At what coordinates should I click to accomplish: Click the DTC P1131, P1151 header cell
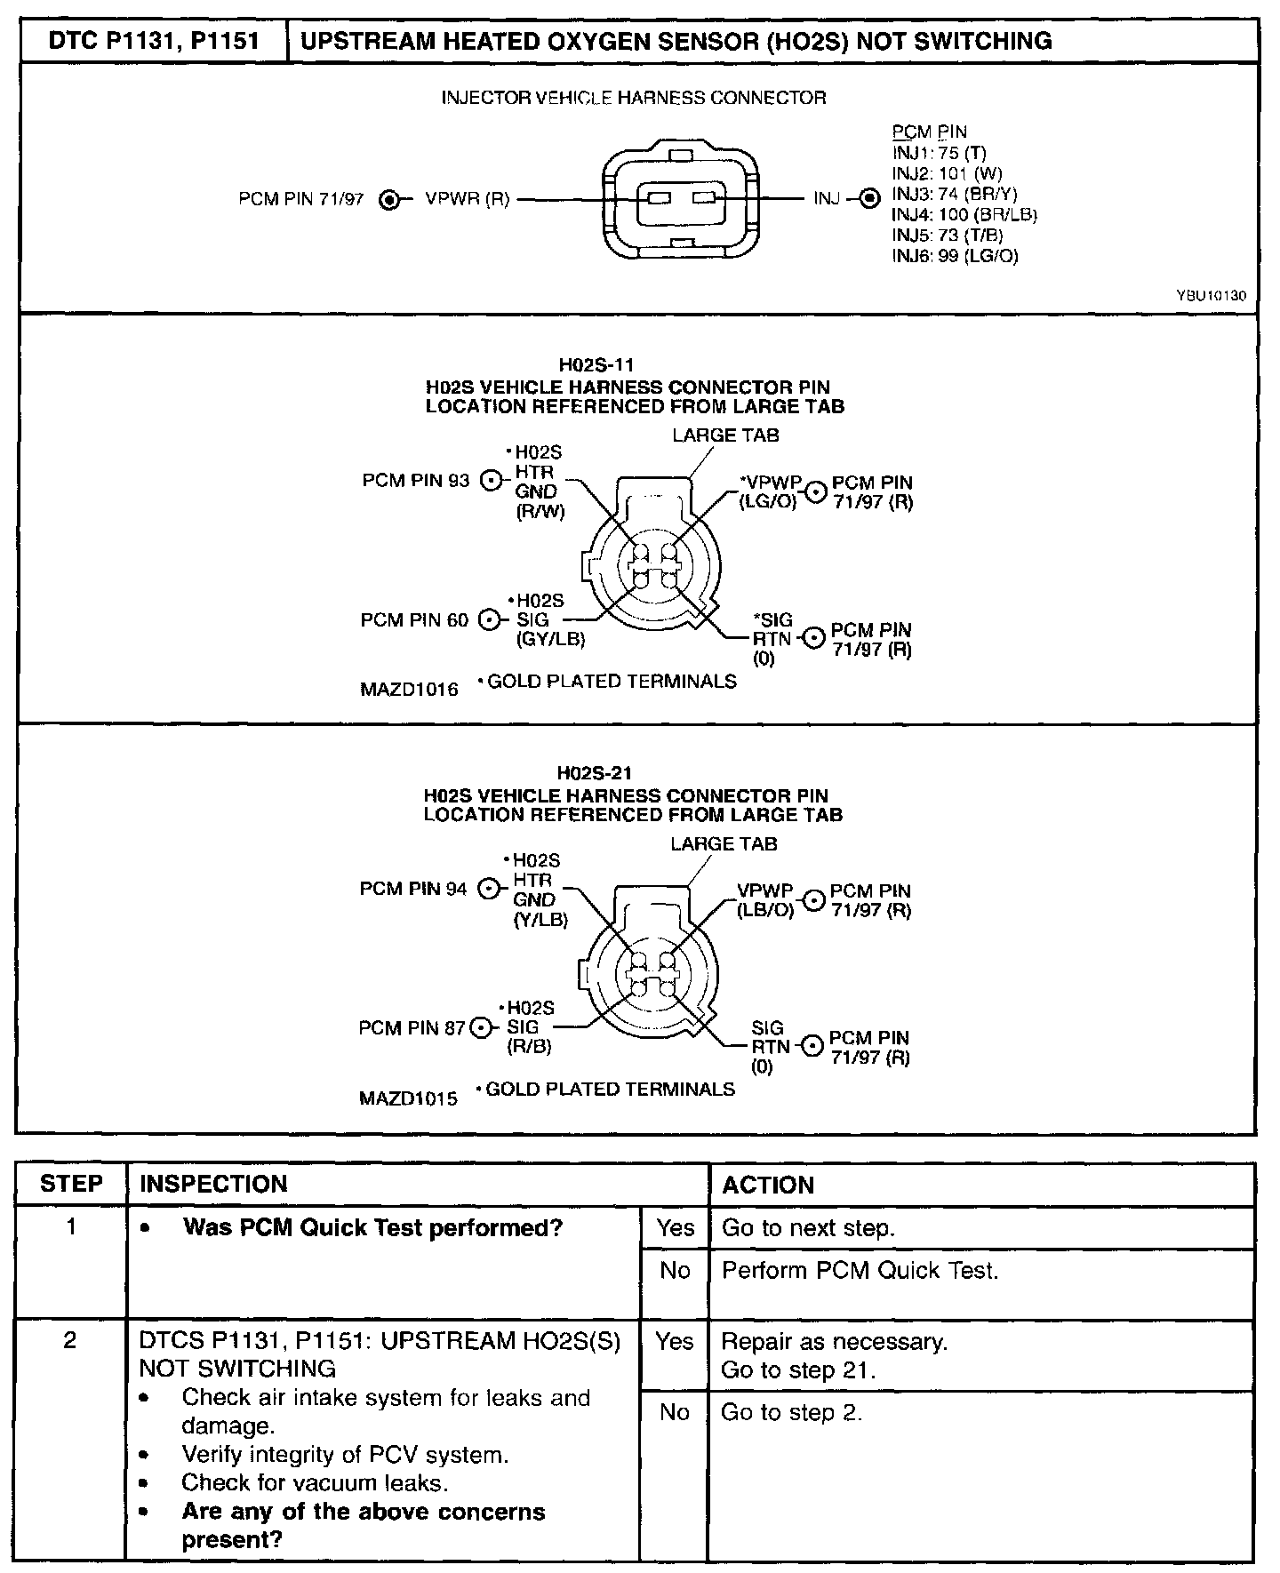(x=153, y=41)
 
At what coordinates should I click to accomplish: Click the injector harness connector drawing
(x=681, y=198)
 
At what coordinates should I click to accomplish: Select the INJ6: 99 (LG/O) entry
(x=955, y=256)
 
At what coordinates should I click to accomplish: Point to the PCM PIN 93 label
(x=415, y=481)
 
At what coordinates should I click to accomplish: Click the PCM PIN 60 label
(x=414, y=619)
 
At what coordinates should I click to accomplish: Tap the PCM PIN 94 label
(x=413, y=889)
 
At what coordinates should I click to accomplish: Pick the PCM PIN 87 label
(x=412, y=1028)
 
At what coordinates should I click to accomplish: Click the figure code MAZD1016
(x=409, y=689)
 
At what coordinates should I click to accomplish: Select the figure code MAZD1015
(x=408, y=1098)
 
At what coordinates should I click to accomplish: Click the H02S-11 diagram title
(x=596, y=364)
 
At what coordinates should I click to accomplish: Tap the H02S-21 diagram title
(x=595, y=773)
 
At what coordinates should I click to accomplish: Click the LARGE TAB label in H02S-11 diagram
(x=725, y=435)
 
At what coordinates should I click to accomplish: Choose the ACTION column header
(x=768, y=1185)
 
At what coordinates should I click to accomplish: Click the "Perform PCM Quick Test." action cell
(x=860, y=1271)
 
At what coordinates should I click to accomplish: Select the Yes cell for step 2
(x=674, y=1341)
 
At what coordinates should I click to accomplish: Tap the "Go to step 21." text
(x=798, y=1369)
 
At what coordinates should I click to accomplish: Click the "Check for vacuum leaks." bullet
(x=315, y=1482)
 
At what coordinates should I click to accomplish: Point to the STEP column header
(x=71, y=1184)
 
